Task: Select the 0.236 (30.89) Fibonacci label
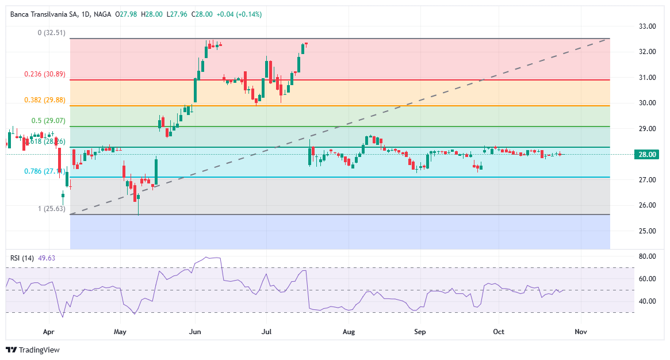click(45, 74)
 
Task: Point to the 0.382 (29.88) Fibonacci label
click(45, 99)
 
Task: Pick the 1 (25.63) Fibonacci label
click(51, 208)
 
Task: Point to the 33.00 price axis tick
click(648, 26)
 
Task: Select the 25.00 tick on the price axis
click(648, 231)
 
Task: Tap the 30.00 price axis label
click(648, 103)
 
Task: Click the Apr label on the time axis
click(48, 332)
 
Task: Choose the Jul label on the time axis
click(267, 332)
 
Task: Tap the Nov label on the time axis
click(581, 332)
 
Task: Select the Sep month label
click(420, 332)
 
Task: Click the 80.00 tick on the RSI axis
click(648, 256)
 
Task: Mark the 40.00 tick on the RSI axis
click(648, 301)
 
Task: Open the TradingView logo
click(33, 350)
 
